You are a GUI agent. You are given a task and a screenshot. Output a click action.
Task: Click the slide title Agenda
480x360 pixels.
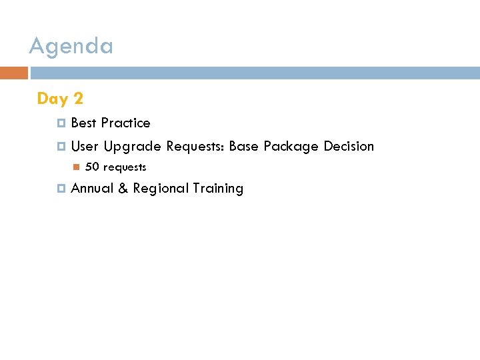(71, 47)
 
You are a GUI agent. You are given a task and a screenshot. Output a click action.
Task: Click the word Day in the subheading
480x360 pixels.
(53, 99)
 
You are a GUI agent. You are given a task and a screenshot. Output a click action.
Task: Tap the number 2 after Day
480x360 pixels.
(78, 99)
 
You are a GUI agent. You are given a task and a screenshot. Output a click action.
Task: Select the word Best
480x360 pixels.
(83, 123)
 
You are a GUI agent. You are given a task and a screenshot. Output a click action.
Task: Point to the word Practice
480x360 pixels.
(126, 123)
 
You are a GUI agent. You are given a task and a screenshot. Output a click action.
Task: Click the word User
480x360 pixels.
(85, 146)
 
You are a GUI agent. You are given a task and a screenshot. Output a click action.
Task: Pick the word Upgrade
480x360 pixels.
(132, 147)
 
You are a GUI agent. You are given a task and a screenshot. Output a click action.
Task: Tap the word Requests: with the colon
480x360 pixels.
(195, 147)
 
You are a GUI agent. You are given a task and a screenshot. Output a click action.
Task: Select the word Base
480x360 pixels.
(244, 146)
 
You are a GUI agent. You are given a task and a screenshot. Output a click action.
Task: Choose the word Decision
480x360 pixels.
(349, 146)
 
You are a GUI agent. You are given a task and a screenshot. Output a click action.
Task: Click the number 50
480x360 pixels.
(92, 167)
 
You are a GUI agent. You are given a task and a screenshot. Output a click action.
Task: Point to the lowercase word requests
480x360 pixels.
(125, 167)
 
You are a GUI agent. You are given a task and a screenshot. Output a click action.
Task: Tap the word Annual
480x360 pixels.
(92, 188)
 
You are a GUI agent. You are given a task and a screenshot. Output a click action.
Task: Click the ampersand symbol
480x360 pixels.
(123, 189)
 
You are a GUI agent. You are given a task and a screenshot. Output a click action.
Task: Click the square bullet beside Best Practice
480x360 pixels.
(61, 123)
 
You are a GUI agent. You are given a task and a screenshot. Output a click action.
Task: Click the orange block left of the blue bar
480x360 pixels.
(14, 73)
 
